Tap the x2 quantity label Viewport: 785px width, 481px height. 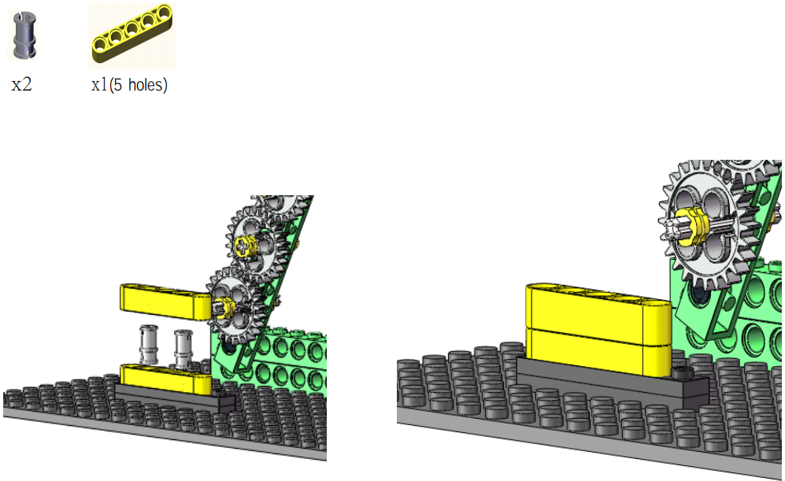[21, 84]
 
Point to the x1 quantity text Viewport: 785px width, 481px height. [99, 84]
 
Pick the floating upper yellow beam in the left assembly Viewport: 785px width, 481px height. [165, 302]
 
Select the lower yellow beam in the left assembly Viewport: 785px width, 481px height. [165, 379]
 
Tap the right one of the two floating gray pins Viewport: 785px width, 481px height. [183, 348]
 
